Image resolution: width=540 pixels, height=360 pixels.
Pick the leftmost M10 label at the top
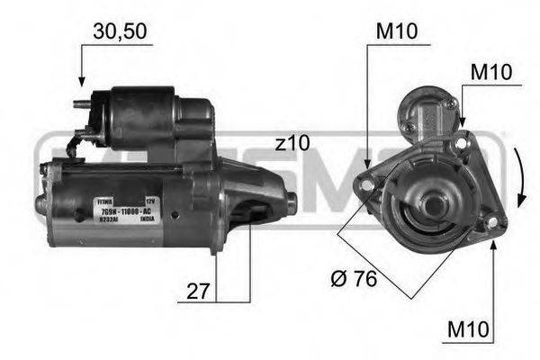click(x=396, y=31)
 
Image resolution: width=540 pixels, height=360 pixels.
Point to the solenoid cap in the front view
click(x=428, y=108)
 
